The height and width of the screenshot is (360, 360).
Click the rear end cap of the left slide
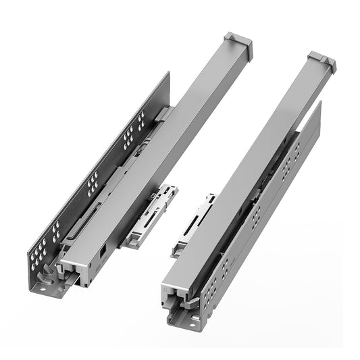[240, 45]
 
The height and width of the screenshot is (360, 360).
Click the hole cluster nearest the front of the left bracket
[42, 247]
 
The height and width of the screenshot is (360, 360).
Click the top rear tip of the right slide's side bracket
[319, 103]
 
